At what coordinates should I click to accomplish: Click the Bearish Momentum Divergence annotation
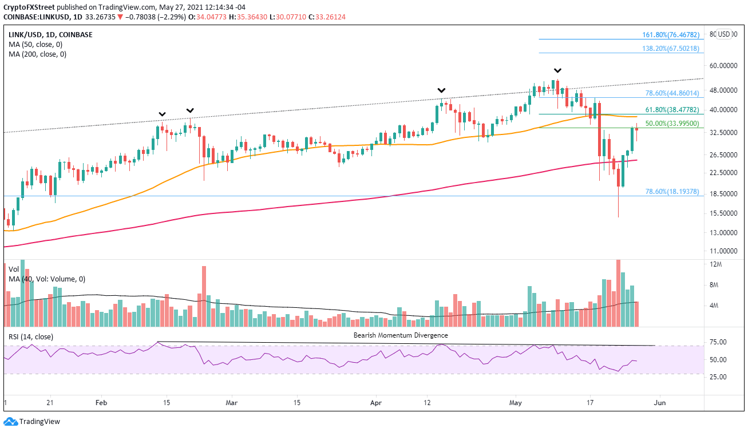(x=401, y=335)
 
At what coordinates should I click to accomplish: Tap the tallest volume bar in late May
(x=618, y=293)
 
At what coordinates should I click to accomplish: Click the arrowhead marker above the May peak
(x=557, y=70)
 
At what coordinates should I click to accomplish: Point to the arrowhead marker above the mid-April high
(x=441, y=90)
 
